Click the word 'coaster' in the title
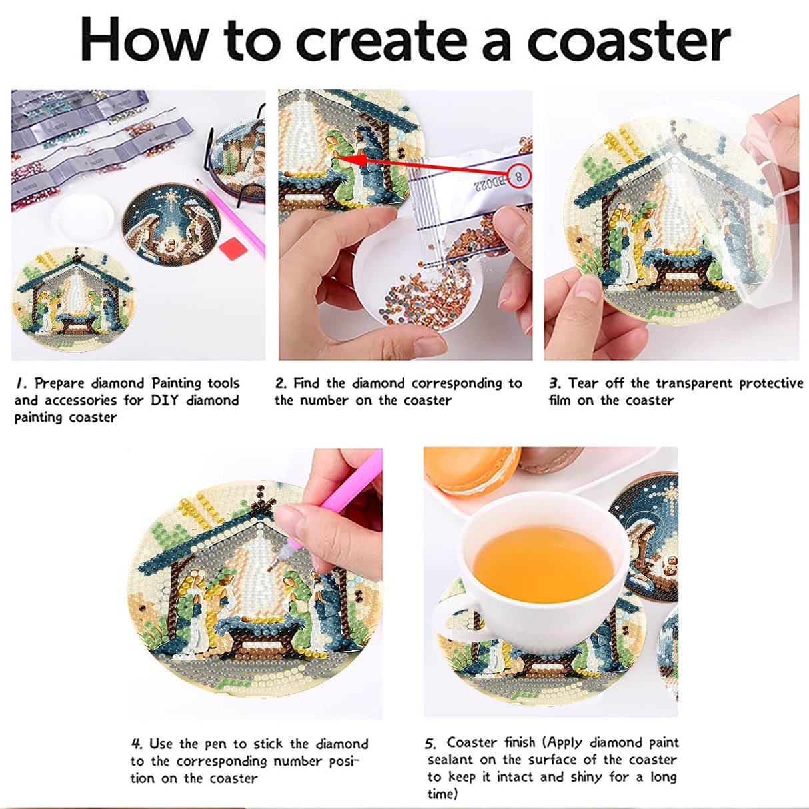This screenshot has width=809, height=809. click(628, 41)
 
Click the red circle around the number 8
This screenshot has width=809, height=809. click(519, 176)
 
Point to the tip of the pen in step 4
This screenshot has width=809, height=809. click(269, 570)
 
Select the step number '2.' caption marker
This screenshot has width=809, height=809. click(281, 383)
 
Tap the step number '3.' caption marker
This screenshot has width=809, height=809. click(555, 383)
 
